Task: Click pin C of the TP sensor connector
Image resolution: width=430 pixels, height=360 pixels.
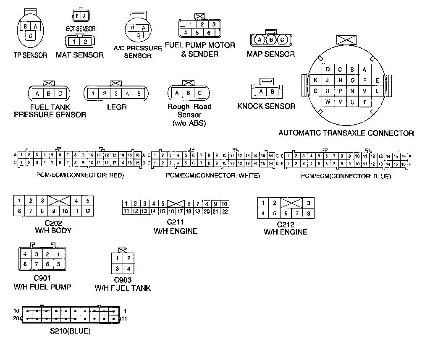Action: click(30, 36)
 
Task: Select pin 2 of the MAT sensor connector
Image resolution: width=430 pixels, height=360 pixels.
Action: click(85, 41)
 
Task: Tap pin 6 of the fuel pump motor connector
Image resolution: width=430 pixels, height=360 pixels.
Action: click(208, 32)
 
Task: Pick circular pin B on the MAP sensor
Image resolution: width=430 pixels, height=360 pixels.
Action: click(271, 40)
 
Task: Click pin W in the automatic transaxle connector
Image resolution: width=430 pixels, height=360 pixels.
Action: click(328, 101)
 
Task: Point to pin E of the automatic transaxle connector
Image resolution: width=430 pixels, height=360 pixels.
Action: click(377, 80)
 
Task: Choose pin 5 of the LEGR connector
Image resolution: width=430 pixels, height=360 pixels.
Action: click(139, 93)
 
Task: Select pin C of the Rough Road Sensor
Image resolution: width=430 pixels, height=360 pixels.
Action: click(200, 93)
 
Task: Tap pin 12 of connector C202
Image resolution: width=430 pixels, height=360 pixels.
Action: click(87, 211)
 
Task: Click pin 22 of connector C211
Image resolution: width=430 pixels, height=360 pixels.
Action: click(225, 211)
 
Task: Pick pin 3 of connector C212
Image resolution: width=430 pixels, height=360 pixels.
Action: click(309, 203)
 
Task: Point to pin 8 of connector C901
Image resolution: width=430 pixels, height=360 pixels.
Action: click(25, 264)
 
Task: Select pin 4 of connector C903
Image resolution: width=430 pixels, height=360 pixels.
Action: click(128, 269)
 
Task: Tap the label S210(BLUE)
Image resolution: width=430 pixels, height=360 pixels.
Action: click(70, 331)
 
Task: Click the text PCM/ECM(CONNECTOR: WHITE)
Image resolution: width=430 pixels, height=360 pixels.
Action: click(213, 176)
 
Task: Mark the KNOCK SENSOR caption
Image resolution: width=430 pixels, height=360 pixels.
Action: click(266, 106)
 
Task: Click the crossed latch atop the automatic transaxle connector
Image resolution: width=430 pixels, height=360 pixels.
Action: click(347, 40)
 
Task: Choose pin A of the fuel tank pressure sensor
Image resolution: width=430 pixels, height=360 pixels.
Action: click(37, 93)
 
